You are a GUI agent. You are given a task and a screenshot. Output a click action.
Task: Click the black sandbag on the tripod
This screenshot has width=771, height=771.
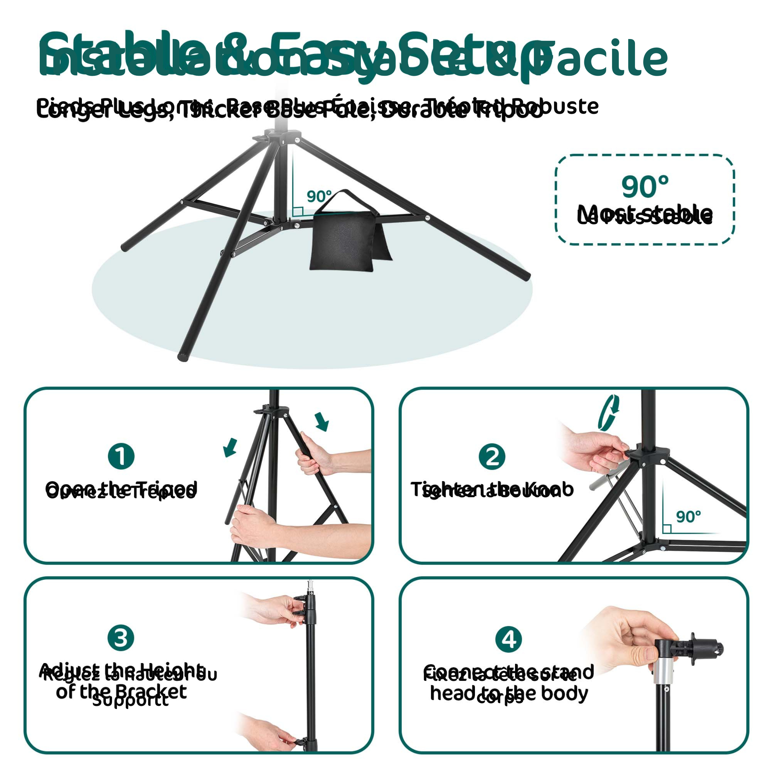(342, 242)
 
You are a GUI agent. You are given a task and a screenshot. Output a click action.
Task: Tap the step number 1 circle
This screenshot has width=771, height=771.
(121, 456)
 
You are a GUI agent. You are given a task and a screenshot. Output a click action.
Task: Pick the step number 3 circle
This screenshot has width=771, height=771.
(121, 637)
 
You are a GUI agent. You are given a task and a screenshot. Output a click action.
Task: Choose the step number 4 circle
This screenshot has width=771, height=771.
(508, 639)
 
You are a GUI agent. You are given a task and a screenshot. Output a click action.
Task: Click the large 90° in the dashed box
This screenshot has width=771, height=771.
(645, 187)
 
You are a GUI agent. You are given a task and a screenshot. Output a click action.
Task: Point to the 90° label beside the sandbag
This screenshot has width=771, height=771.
(319, 196)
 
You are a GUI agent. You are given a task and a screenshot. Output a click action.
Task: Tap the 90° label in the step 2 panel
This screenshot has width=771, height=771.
(688, 517)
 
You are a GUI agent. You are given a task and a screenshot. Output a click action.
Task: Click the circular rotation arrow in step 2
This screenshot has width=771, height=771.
(609, 413)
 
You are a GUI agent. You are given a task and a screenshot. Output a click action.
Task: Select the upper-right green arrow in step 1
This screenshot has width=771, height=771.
(322, 422)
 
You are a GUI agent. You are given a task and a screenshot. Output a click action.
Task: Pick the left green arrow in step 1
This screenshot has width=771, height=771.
(230, 447)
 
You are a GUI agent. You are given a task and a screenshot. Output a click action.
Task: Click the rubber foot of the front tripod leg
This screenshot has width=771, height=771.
(182, 356)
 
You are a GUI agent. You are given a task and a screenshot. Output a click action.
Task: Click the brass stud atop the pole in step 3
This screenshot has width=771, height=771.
(310, 585)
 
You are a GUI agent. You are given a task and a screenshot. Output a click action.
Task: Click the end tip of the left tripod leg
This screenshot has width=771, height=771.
(124, 247)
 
